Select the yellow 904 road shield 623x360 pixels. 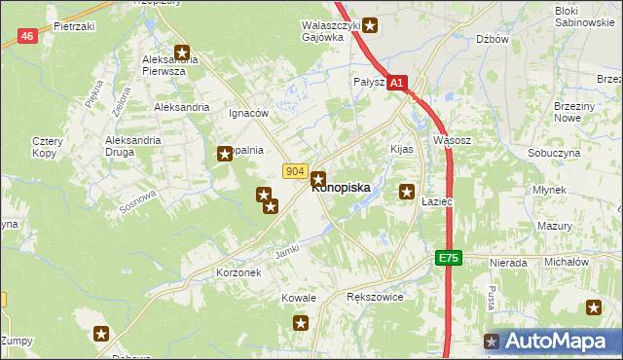(x=297, y=171)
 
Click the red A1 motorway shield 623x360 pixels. (x=396, y=85)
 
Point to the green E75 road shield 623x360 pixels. (x=447, y=258)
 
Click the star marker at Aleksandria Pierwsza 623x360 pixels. (x=182, y=53)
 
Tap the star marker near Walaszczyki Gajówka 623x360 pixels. (x=370, y=25)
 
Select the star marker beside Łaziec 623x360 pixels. (x=407, y=193)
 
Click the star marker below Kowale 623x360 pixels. (x=301, y=322)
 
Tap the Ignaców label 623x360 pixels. (x=248, y=113)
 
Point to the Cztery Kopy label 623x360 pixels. (x=47, y=147)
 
